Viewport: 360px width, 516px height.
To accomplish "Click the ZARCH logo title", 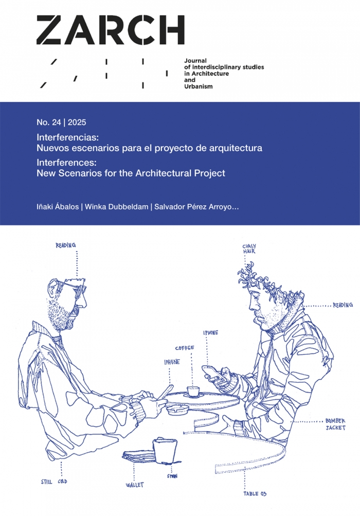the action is pos(110,30).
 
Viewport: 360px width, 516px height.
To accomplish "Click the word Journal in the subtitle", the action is pos(195,61).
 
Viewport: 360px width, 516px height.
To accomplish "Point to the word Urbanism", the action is pos(199,86).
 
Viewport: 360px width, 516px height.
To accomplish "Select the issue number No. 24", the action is pos(49,122).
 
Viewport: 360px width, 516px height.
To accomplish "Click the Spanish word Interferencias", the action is pos(68,137).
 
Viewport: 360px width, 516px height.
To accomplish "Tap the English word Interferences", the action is pos(66,163).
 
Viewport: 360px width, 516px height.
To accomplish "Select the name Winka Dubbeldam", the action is pos(117,207).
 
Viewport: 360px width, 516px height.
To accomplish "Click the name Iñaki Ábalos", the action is pos(58,207).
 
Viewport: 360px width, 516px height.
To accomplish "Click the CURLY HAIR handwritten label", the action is pos(249,249).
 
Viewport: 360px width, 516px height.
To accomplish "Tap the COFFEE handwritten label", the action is pos(185,348).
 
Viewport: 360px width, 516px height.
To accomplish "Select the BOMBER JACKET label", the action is pos(336,424).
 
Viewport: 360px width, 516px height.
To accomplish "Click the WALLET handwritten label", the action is pos(135,485).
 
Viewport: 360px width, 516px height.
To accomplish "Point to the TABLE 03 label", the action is pos(255,494).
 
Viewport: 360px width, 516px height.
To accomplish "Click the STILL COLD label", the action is pos(54,482).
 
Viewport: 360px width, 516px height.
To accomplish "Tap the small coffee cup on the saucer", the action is pos(193,391).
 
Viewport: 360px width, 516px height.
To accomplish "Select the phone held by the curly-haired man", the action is pos(211,373).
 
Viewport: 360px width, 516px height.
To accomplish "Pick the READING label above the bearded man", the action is pos(66,245).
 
